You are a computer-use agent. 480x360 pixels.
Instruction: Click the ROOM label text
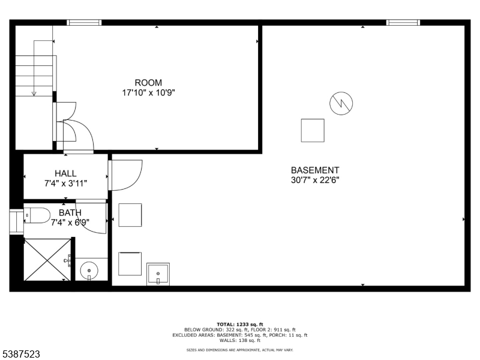click(x=148, y=83)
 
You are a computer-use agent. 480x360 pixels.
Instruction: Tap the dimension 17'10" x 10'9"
click(x=148, y=93)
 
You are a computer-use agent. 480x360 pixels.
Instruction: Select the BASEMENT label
click(x=315, y=170)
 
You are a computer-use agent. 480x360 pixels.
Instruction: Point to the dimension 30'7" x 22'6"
click(x=315, y=180)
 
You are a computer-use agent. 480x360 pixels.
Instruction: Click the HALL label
click(x=65, y=173)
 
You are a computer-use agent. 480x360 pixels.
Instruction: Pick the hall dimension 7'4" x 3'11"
click(x=65, y=183)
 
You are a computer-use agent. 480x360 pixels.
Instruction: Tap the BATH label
click(x=70, y=212)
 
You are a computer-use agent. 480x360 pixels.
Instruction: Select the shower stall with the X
click(x=47, y=259)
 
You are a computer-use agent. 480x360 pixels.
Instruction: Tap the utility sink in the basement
click(x=158, y=274)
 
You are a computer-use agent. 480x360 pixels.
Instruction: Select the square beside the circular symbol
click(x=313, y=130)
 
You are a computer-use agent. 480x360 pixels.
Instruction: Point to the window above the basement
click(x=403, y=23)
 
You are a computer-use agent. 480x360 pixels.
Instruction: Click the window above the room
click(x=84, y=23)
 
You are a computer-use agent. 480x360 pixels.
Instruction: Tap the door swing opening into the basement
click(x=124, y=174)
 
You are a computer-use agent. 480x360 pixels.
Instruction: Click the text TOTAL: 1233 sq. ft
click(x=240, y=324)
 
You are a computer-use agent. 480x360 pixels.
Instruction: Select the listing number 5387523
click(x=22, y=355)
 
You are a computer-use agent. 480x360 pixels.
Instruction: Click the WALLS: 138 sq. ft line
click(x=240, y=340)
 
